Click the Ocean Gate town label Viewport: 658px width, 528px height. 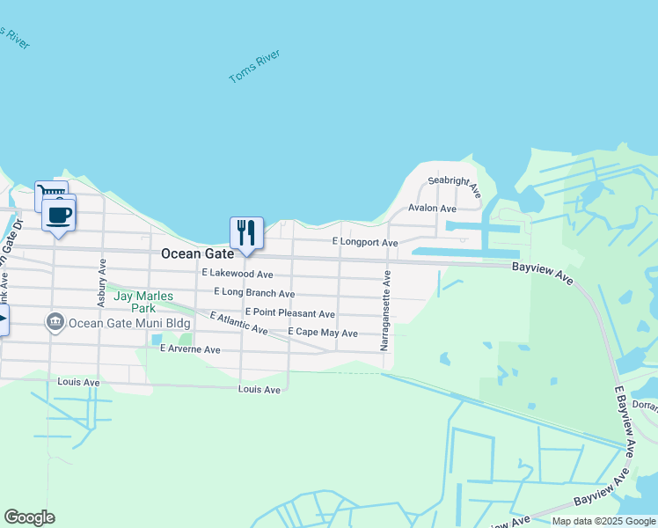pyautogui.click(x=197, y=253)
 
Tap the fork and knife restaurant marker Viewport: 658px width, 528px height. pyautogui.click(x=246, y=233)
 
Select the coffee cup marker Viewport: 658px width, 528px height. pyautogui.click(x=59, y=215)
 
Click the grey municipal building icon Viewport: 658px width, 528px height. pyautogui.click(x=55, y=322)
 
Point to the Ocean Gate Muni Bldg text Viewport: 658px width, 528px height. pyautogui.click(x=130, y=323)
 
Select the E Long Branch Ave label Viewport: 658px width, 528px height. pyautogui.click(x=254, y=293)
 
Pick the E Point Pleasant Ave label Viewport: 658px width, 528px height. pyautogui.click(x=290, y=313)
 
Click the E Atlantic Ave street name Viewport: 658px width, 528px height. pyautogui.click(x=238, y=323)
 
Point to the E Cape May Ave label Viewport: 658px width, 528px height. pyautogui.click(x=323, y=334)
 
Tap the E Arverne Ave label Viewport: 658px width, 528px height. pyautogui.click(x=190, y=349)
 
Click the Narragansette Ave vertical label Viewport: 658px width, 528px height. pyautogui.click(x=385, y=311)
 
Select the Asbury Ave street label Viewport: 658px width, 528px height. pyautogui.click(x=102, y=282)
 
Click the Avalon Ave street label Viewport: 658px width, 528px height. pyautogui.click(x=432, y=209)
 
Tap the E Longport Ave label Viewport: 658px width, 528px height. pyautogui.click(x=365, y=242)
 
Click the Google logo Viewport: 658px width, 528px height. pyautogui.click(x=29, y=517)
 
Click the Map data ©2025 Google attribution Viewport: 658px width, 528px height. pyautogui.click(x=603, y=521)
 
